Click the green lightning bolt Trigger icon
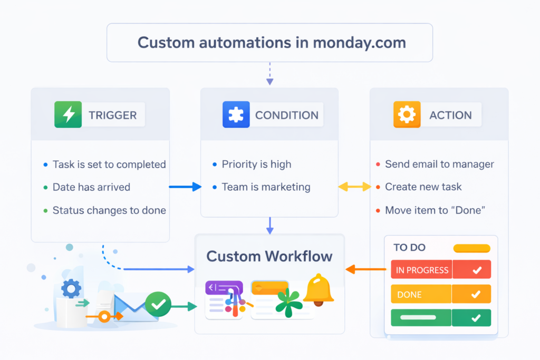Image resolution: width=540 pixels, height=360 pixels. pyautogui.click(x=68, y=114)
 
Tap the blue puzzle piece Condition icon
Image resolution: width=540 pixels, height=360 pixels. pyautogui.click(x=236, y=114)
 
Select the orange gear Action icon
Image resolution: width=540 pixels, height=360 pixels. pyautogui.click(x=407, y=114)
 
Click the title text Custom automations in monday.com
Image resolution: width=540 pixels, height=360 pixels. pyautogui.click(x=269, y=42)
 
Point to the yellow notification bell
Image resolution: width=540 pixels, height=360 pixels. pyautogui.click(x=319, y=289)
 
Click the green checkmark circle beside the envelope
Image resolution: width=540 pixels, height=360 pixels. pyautogui.click(x=158, y=304)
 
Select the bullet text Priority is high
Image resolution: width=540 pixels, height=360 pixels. pyautogui.click(x=256, y=164)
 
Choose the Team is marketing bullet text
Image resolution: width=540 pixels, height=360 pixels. pyautogui.click(x=266, y=187)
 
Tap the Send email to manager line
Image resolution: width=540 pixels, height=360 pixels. pyautogui.click(x=439, y=164)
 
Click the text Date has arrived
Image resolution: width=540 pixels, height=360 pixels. pyautogui.click(x=91, y=187)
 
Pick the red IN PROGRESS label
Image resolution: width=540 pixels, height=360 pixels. pyautogui.click(x=422, y=270)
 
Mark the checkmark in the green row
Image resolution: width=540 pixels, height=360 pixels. pyautogui.click(x=476, y=318)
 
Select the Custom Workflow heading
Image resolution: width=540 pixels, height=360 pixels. pyautogui.click(x=269, y=257)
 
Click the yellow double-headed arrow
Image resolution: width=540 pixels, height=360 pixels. pyautogui.click(x=354, y=187)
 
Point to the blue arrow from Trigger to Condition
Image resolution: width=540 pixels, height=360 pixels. pyautogui.click(x=185, y=187)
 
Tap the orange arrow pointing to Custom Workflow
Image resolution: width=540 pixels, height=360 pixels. pyautogui.click(x=366, y=270)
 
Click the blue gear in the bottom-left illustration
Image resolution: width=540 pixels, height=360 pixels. pyautogui.click(x=71, y=288)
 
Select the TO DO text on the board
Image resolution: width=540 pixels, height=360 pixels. pyautogui.click(x=409, y=248)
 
